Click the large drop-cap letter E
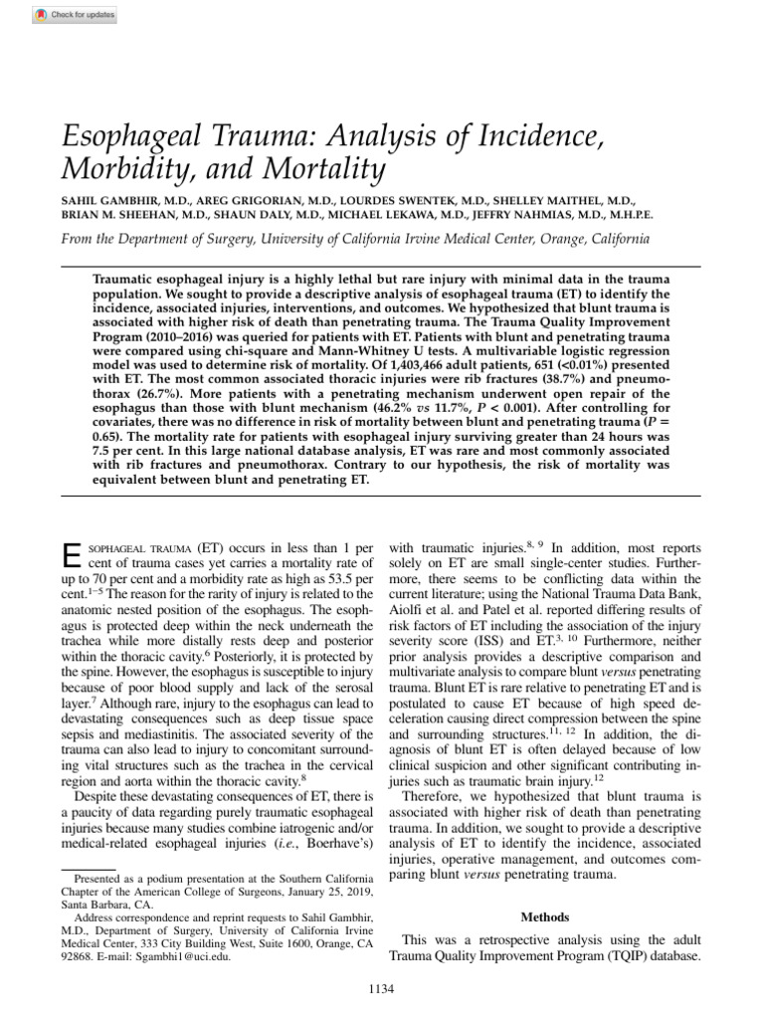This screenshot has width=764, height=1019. (70, 556)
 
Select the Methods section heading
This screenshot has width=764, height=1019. (545, 917)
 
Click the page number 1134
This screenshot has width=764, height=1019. (382, 987)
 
